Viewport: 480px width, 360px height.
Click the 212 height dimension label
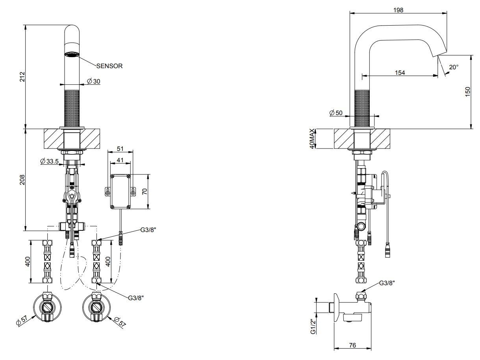[x=22, y=76]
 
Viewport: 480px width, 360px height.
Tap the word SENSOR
[x=109, y=66]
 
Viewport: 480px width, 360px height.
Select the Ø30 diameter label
[x=94, y=81]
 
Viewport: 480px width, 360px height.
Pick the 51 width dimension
[x=120, y=149]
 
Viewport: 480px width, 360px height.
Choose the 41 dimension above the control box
[x=120, y=160]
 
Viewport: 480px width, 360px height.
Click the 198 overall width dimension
[x=398, y=10]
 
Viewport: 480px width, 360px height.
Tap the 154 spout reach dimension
[x=400, y=72]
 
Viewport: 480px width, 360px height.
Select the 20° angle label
[x=454, y=67]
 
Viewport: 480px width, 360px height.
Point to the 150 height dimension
[x=467, y=92]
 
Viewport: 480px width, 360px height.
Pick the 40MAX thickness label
[x=313, y=138]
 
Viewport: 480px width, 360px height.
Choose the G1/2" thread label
[x=313, y=327]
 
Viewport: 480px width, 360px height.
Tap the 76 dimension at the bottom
[x=352, y=345]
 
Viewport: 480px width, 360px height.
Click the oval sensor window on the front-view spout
[x=72, y=55]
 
